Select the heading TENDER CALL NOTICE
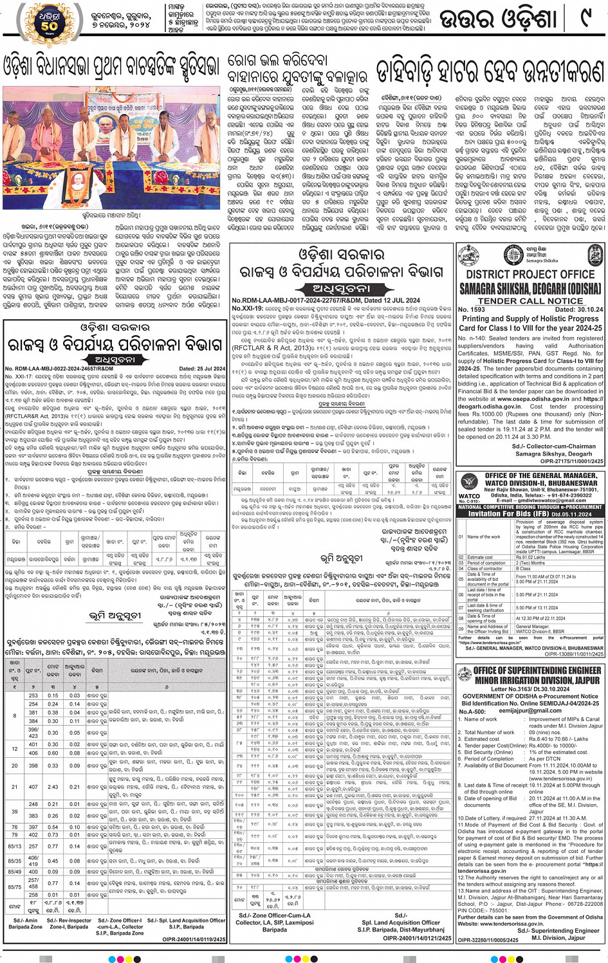pyautogui.click(x=530, y=300)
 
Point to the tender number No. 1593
pyautogui.click(x=472, y=309)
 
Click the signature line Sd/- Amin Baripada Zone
pyautogui.click(x=26, y=924)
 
